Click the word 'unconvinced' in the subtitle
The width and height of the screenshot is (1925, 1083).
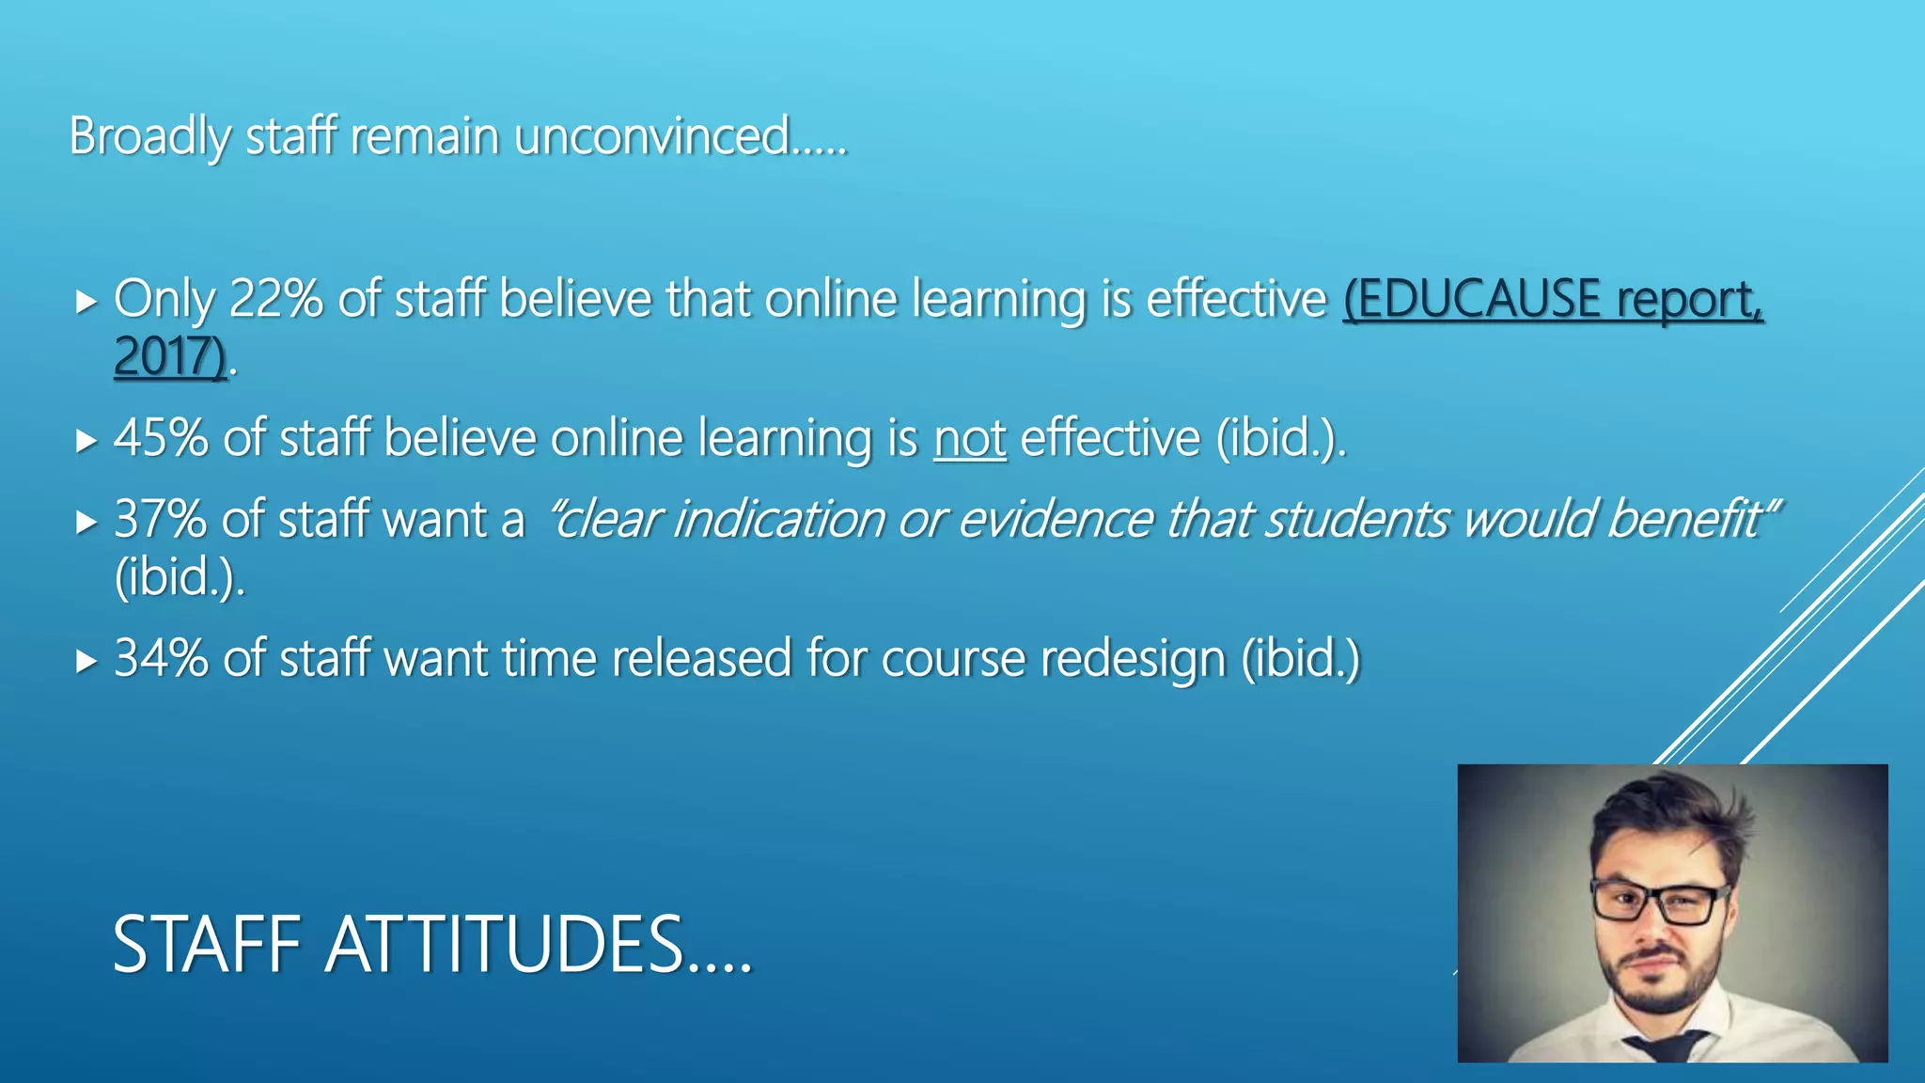click(651, 136)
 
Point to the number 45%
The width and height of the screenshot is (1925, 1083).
click(161, 438)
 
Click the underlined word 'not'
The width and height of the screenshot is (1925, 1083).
click(969, 439)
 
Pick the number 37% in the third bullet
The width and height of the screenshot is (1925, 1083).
click(160, 519)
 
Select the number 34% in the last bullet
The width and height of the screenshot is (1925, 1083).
click(161, 658)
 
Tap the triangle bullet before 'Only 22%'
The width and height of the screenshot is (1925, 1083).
click(86, 302)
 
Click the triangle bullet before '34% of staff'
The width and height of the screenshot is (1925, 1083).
click(86, 661)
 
